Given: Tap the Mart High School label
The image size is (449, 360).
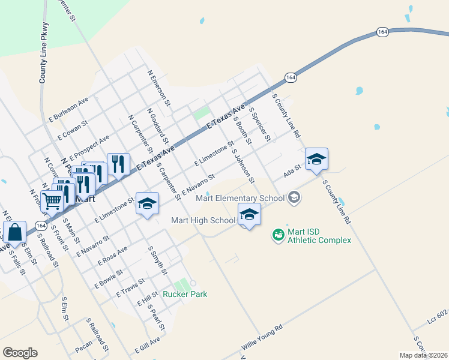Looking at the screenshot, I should tap(203, 220).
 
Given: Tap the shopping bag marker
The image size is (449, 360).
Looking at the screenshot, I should tap(14, 233).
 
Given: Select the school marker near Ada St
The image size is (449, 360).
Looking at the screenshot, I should tap(316, 160).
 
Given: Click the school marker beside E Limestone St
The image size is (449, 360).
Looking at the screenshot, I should tap(147, 205).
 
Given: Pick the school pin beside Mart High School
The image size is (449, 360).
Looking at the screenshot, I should tap(249, 215).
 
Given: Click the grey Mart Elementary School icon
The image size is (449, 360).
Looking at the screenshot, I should tap(294, 197).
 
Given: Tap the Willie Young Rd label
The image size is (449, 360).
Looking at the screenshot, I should tap(262, 339).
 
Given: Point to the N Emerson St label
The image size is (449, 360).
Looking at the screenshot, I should tap(159, 85).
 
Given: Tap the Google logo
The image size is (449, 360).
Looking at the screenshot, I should tap(20, 353).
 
